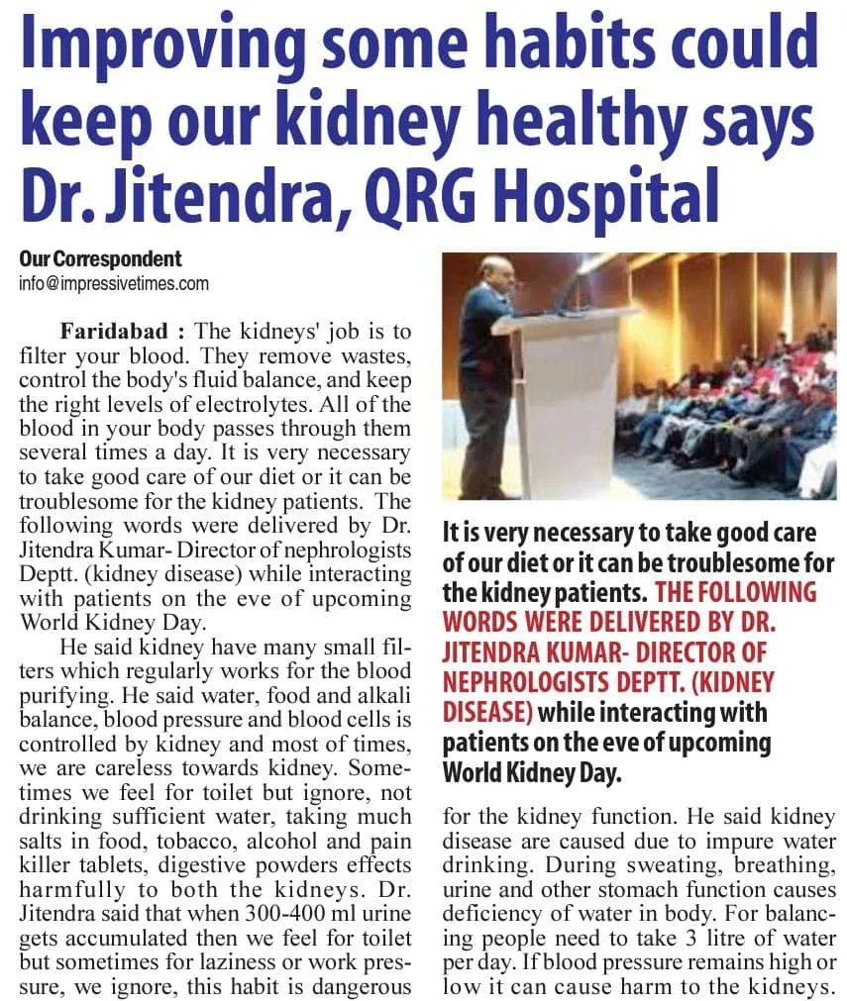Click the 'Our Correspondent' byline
[100, 259]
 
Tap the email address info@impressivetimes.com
[114, 284]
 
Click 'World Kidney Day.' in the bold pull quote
[532, 772]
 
